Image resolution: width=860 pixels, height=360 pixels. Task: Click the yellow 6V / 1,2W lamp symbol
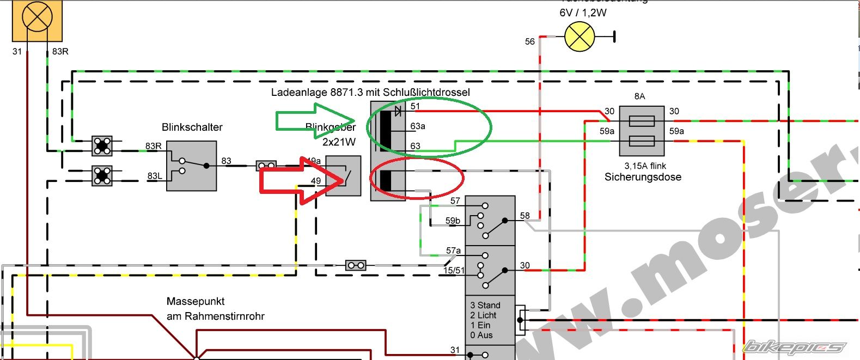[x=580, y=37]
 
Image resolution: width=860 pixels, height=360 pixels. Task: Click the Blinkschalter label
[x=192, y=127]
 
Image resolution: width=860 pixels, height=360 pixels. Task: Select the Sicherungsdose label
[x=643, y=177]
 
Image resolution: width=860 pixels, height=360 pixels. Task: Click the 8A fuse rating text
[x=639, y=96]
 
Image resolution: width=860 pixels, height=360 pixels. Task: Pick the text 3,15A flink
[x=645, y=166]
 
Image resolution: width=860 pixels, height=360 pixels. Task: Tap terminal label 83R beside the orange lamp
[x=60, y=52]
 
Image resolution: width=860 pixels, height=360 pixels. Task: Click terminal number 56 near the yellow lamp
[x=530, y=42]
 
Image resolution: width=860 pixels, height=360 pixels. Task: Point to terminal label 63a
[x=418, y=126]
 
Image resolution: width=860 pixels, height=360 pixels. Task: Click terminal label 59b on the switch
[x=453, y=221]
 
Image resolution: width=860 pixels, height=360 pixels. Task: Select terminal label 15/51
[x=453, y=270]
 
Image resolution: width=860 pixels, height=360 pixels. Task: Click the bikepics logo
[x=794, y=347]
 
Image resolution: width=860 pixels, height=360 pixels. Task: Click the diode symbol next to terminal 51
[x=398, y=111]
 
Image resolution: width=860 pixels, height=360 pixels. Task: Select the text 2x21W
[x=339, y=142]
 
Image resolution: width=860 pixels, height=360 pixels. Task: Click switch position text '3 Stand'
[x=485, y=305]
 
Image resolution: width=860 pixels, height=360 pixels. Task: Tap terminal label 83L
[x=155, y=176]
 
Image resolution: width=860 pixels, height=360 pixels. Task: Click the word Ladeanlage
[x=299, y=92]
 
